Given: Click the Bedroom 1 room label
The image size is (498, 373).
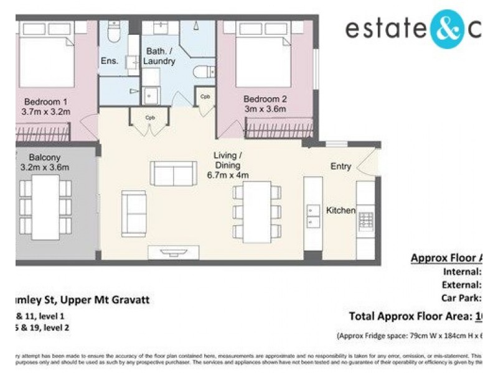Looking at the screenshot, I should click(45, 102).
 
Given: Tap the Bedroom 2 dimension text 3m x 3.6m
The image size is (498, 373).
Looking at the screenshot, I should click(265, 109).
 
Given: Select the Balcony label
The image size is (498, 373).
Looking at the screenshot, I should click(45, 157).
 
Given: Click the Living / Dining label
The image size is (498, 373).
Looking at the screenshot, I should click(228, 160).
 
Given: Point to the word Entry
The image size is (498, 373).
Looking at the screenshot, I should click(341, 167).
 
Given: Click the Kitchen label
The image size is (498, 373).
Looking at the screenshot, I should click(341, 211).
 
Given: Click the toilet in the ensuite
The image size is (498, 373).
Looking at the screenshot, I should click(114, 32).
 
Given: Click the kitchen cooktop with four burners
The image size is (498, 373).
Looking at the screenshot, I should click(366, 221).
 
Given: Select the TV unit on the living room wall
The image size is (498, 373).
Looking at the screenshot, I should click(173, 252).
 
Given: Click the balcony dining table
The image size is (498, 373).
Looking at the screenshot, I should click(45, 206).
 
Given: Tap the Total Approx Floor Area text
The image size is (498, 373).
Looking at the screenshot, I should click(410, 316).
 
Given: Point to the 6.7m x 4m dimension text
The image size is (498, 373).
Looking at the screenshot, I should click(228, 175).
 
